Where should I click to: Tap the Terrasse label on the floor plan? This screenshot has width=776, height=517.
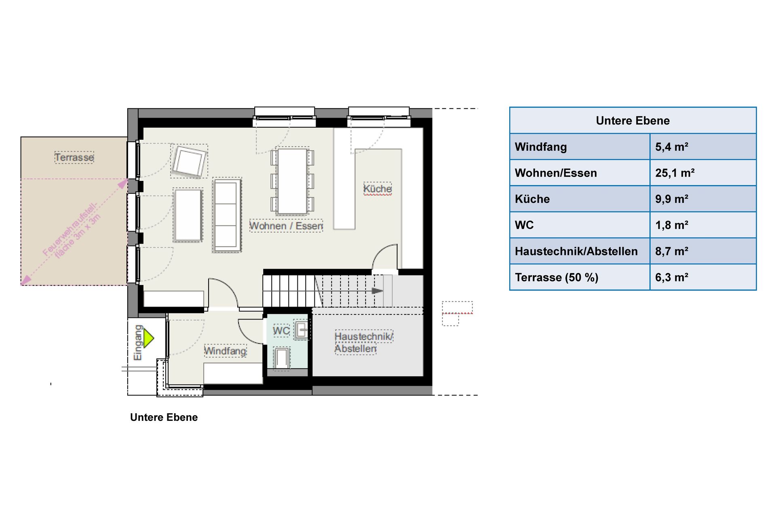click(74, 157)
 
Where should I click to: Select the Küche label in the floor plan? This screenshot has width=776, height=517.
click(377, 189)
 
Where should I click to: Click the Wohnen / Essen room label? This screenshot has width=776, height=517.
click(286, 225)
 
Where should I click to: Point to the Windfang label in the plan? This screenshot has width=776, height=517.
click(225, 351)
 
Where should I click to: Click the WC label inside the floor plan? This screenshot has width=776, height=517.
click(281, 331)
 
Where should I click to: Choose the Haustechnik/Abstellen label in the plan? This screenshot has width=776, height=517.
click(364, 343)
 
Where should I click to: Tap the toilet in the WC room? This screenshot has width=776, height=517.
click(282, 358)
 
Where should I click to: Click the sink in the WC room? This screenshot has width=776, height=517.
click(301, 330)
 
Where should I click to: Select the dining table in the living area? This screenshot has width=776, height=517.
click(292, 181)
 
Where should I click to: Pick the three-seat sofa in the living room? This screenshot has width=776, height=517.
click(227, 215)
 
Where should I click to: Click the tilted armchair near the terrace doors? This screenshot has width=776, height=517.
click(189, 162)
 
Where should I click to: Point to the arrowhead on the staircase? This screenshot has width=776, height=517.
click(377, 291)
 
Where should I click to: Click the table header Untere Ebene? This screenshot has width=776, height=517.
click(633, 120)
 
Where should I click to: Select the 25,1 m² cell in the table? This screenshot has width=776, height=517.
click(675, 173)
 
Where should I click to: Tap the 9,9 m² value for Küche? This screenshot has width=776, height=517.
click(672, 199)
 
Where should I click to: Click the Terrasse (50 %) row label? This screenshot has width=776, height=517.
click(557, 277)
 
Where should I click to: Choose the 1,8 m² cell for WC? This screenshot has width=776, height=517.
click(672, 225)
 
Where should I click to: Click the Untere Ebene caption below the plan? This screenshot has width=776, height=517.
click(164, 417)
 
